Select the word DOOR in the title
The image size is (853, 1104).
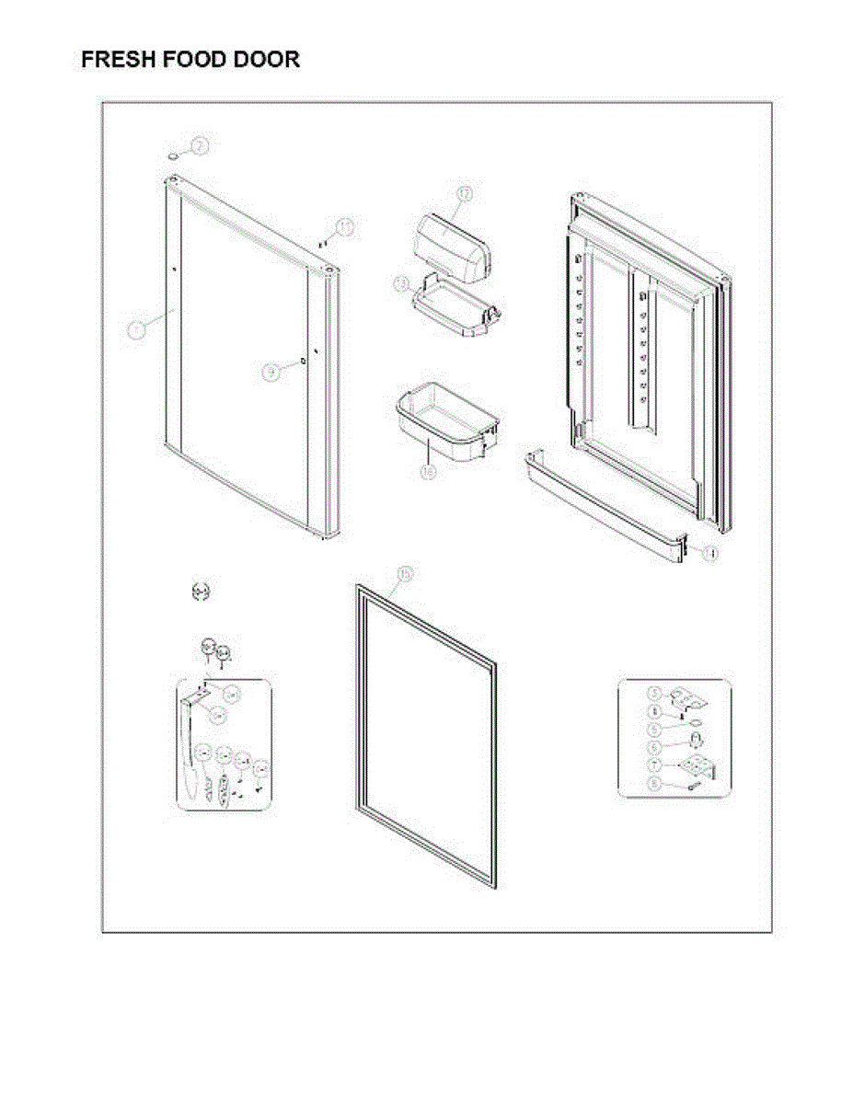tap(266, 61)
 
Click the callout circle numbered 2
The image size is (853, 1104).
tap(200, 145)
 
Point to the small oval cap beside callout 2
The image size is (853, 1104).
tap(173, 155)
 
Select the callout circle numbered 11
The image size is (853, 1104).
tap(344, 227)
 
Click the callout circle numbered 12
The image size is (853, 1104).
tap(465, 194)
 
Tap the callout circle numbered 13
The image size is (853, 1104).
tap(401, 284)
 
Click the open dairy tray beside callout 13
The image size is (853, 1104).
tap(456, 313)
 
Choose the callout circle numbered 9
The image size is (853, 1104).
tap(271, 372)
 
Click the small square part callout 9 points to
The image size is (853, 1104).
tap(303, 362)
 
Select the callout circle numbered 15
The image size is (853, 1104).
tap(403, 574)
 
